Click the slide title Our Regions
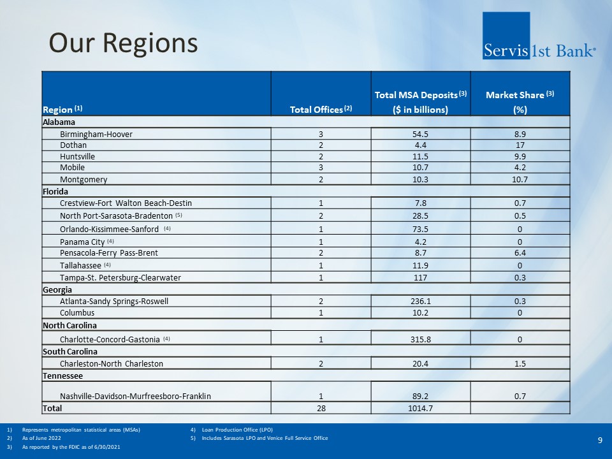pyautogui.click(x=124, y=43)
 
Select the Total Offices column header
pyautogui.click(x=321, y=110)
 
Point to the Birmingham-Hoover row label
pyautogui.click(x=96, y=135)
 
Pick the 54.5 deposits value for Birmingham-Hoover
pyautogui.click(x=420, y=135)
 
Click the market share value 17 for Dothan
pyautogui.click(x=520, y=145)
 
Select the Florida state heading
pyautogui.click(x=55, y=191)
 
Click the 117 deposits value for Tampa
pyautogui.click(x=420, y=277)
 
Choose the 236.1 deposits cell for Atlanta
pyautogui.click(x=420, y=302)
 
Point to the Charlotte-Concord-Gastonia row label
pyautogui.click(x=110, y=340)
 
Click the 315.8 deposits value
pyautogui.click(x=420, y=340)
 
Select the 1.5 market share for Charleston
pyautogui.click(x=520, y=363)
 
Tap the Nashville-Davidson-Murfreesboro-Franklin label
pyautogui.click(x=135, y=396)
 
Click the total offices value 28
pyautogui.click(x=321, y=407)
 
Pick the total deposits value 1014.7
pyautogui.click(x=420, y=407)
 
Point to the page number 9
pyautogui.click(x=600, y=440)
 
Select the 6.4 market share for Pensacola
pyautogui.click(x=520, y=253)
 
